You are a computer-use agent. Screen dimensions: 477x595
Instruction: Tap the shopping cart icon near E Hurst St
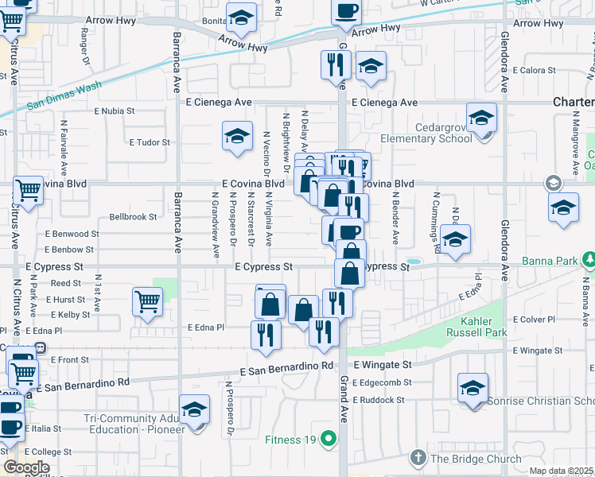point(147,301)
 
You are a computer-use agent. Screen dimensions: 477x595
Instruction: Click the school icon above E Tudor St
point(237,137)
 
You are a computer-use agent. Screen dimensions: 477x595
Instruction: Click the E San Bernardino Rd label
point(286,367)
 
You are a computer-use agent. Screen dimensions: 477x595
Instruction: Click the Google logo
point(25,467)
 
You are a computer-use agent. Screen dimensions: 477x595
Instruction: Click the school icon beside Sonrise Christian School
point(472,388)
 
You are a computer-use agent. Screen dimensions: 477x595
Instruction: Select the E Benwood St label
point(72,235)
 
